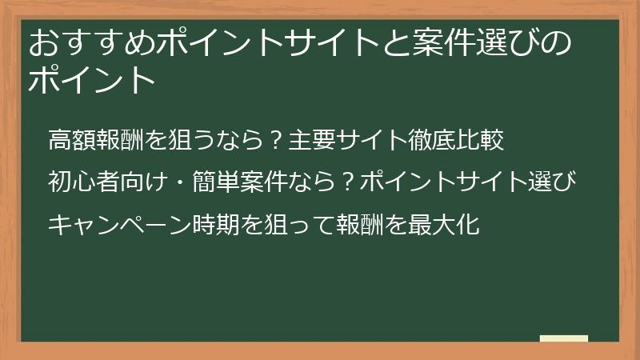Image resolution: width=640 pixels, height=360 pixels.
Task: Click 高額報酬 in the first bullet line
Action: pyautogui.click(x=96, y=142)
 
